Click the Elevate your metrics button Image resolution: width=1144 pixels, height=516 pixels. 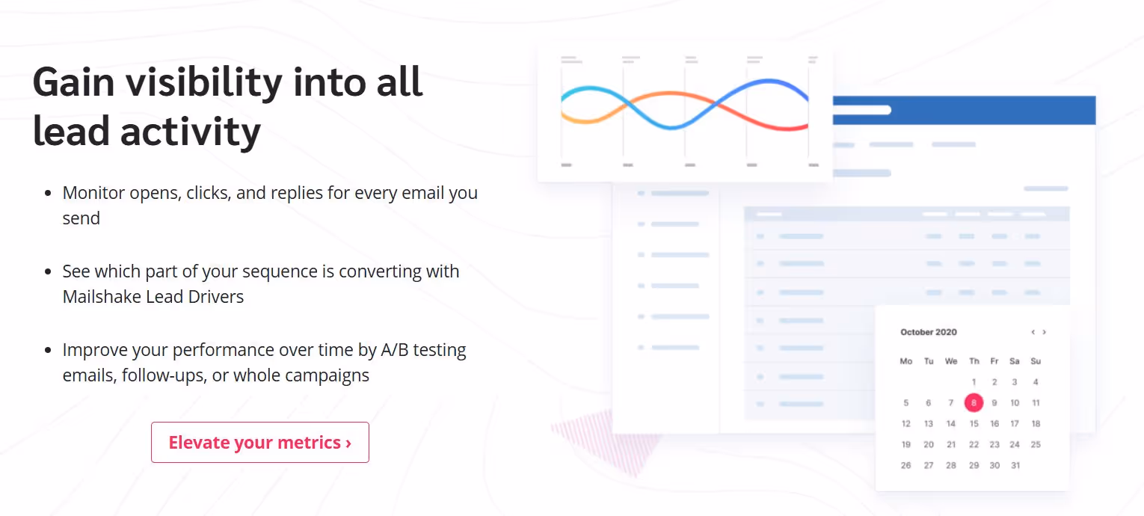coord(259,443)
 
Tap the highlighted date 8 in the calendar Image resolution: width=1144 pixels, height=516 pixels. coord(974,403)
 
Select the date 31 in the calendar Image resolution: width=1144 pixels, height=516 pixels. coord(1015,465)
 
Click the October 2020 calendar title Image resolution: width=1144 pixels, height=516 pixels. coord(928,332)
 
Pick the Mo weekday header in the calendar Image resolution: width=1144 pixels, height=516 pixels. coord(906,361)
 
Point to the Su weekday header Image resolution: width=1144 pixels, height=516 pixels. coord(1036,361)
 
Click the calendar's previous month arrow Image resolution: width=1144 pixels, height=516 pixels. coord(1033,332)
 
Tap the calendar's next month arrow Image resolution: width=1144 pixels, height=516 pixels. coord(1045,332)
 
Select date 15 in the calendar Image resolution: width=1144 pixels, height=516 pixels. coord(974,424)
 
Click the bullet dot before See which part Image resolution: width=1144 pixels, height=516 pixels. coord(49,271)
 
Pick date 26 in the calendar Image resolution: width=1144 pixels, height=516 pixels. coord(906,465)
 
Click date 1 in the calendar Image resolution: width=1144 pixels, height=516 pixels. coord(974,382)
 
